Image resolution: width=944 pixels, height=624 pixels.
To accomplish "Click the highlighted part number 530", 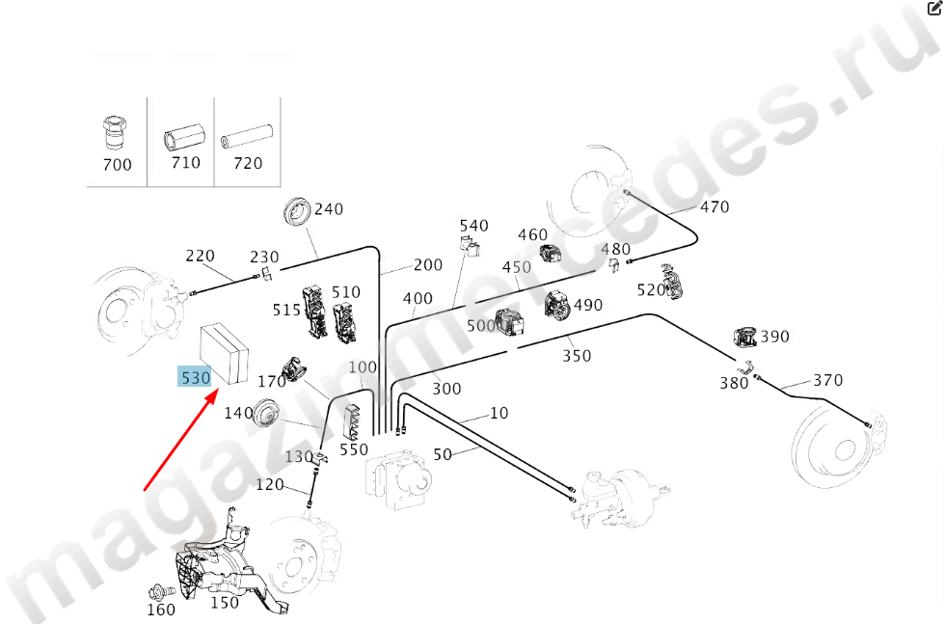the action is [195, 378].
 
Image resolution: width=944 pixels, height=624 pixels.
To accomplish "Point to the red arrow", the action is [180, 441].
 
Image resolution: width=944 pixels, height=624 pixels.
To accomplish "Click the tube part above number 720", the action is [247, 135].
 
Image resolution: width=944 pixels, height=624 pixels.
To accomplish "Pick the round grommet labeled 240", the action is [297, 212].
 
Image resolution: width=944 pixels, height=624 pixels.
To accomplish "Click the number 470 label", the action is [715, 207].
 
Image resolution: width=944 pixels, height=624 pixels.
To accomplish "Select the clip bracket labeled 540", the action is [470, 246].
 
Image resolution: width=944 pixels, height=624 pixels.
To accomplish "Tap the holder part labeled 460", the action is [550, 253].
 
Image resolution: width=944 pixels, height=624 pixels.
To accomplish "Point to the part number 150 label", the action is [225, 603].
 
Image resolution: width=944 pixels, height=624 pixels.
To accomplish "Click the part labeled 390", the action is [745, 338].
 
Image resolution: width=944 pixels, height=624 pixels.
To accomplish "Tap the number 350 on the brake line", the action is [577, 356].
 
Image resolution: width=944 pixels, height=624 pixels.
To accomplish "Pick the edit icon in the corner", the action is [935, 8].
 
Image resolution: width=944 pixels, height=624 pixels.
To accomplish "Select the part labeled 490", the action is [557, 304].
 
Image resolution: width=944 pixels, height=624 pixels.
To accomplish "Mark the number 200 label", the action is [428, 265].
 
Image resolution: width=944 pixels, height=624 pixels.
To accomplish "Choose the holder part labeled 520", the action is [671, 282].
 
